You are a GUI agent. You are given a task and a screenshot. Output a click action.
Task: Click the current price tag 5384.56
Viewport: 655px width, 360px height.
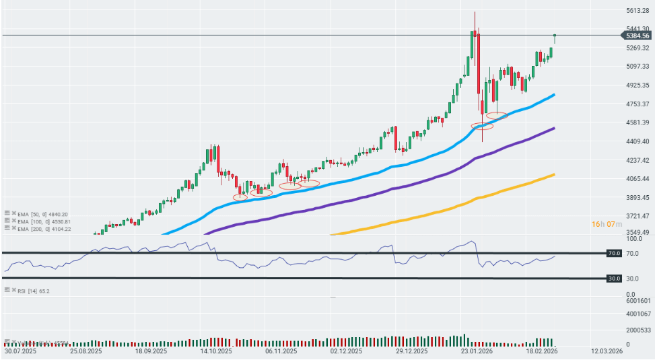(x=635, y=35)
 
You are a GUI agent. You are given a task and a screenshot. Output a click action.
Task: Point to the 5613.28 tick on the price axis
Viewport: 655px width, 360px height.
(x=636, y=10)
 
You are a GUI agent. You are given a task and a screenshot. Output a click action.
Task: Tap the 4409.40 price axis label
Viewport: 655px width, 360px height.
(x=636, y=141)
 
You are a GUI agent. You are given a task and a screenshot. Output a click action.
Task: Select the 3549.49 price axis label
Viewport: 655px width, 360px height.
(x=636, y=232)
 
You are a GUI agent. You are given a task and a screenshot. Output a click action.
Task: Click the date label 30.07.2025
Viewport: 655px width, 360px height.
(x=20, y=351)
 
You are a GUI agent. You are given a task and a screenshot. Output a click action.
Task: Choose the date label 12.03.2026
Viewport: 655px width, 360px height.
(x=607, y=351)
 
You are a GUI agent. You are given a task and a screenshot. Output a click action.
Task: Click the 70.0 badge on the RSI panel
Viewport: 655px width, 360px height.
(x=613, y=254)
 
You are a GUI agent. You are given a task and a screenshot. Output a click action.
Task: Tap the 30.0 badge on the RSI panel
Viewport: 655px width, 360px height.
(x=613, y=278)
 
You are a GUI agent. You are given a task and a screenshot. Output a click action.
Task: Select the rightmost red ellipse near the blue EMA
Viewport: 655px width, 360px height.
(x=497, y=116)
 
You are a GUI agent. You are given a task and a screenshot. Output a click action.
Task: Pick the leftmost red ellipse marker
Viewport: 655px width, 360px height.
(x=240, y=197)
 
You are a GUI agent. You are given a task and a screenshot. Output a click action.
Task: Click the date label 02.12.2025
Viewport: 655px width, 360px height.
(x=346, y=351)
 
